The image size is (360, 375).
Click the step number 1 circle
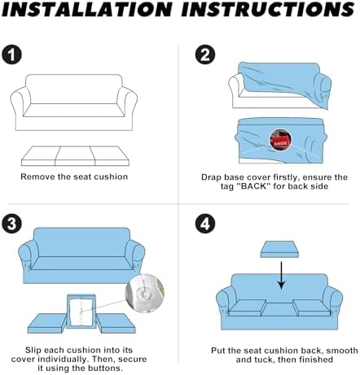tap(12, 55)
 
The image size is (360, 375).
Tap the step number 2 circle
tap(205, 55)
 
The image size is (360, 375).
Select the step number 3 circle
tap(11, 224)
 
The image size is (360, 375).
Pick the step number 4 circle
tap(205, 224)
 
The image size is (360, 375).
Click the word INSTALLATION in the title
tap(87, 10)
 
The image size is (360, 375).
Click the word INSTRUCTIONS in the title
tap(268, 10)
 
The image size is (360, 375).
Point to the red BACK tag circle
tap(280, 140)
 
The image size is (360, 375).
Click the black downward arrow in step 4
tap(282, 275)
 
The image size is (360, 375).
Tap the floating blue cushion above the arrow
tap(279, 249)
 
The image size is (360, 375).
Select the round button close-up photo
tap(145, 293)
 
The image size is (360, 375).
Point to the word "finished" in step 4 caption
tap(316, 360)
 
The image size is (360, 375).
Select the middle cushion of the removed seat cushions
tap(75, 156)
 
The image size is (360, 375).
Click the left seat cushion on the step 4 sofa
tap(248, 308)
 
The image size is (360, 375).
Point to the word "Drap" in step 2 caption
tap(211, 177)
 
